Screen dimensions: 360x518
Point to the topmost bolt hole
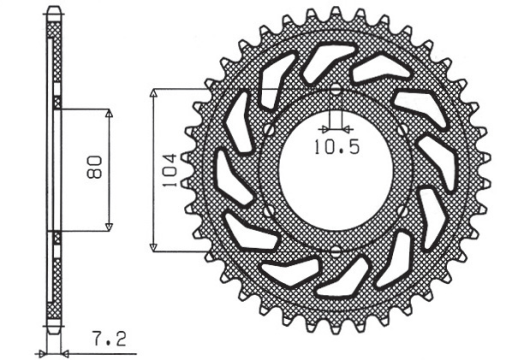point(335,92)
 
